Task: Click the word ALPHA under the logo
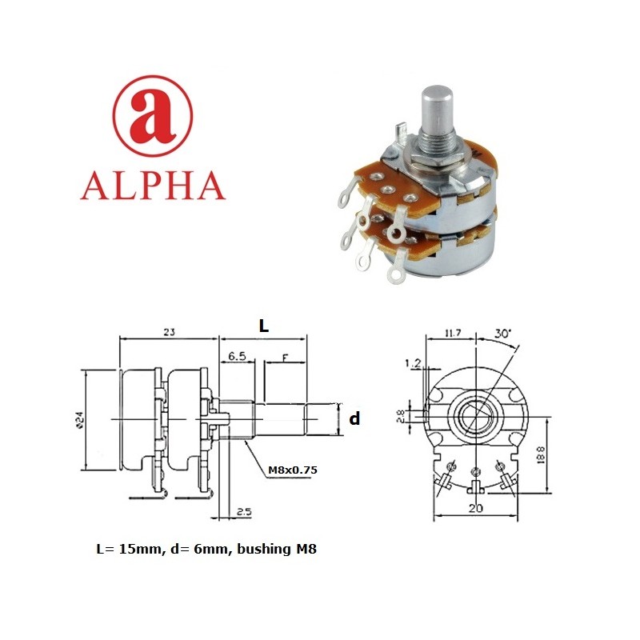point(153,185)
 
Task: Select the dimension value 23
point(169,330)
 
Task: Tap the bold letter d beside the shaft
point(355,418)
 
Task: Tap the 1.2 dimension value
point(414,365)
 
